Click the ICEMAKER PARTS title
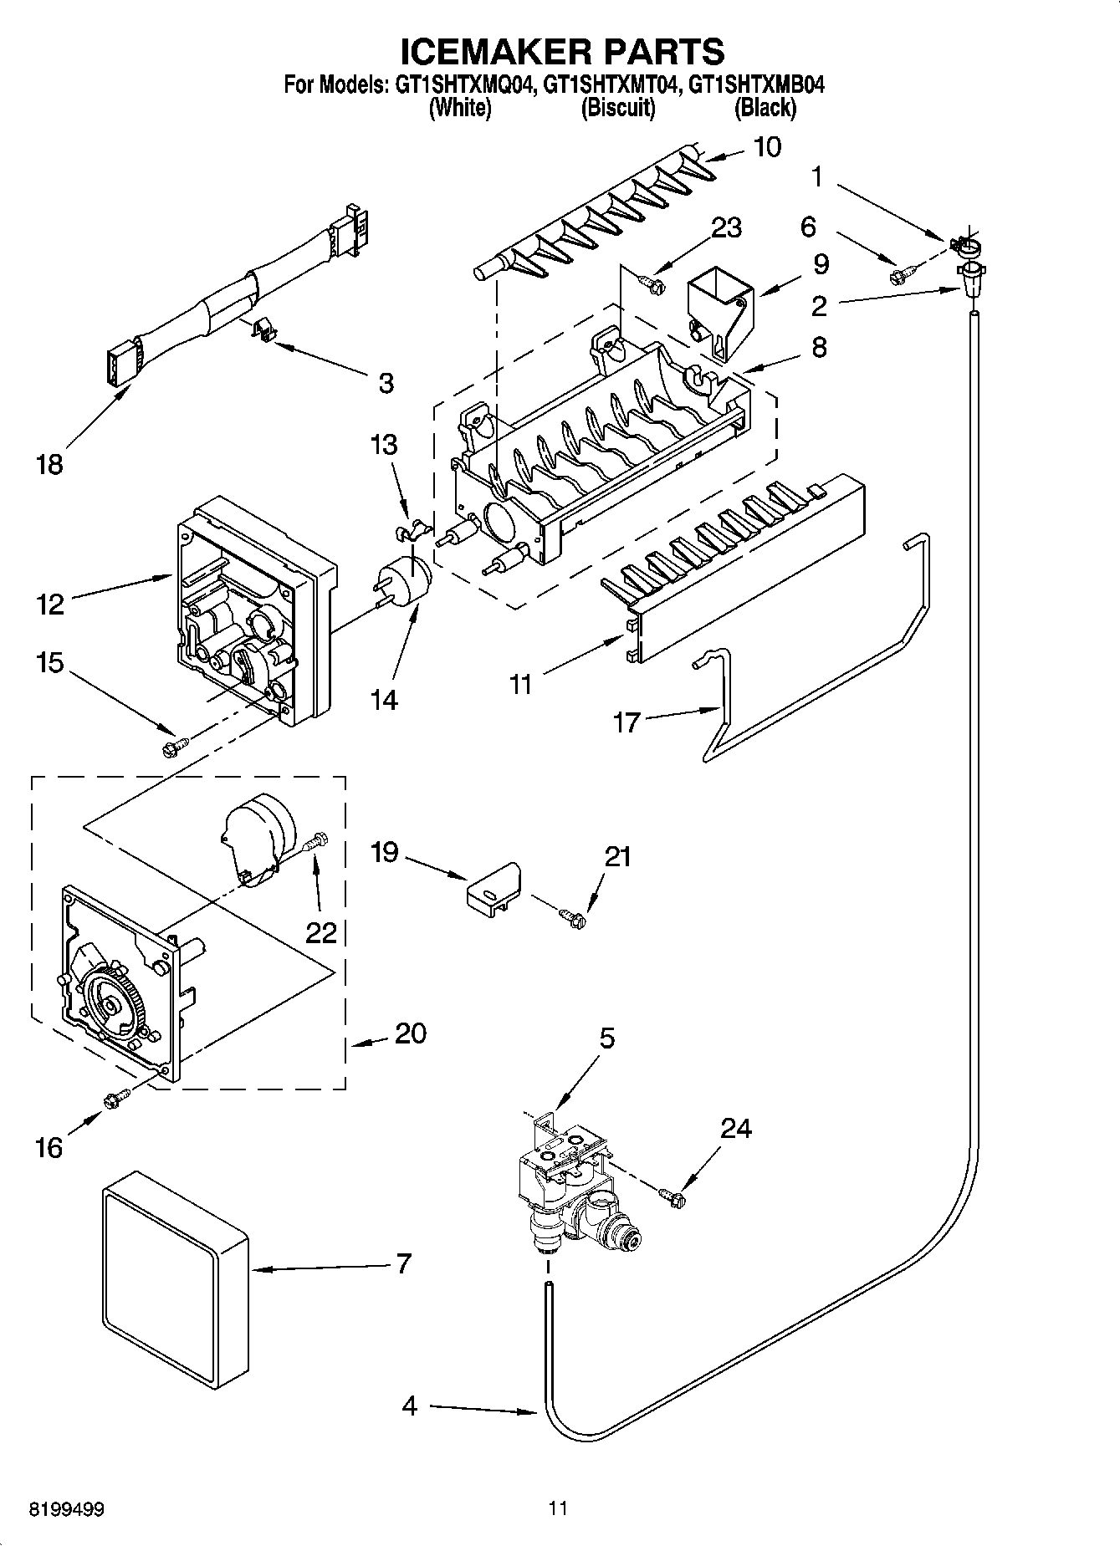(561, 52)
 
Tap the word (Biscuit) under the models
(617, 108)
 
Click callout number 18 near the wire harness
(49, 464)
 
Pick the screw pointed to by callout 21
(573, 917)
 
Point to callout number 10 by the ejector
(767, 147)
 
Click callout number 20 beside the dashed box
(410, 1033)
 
